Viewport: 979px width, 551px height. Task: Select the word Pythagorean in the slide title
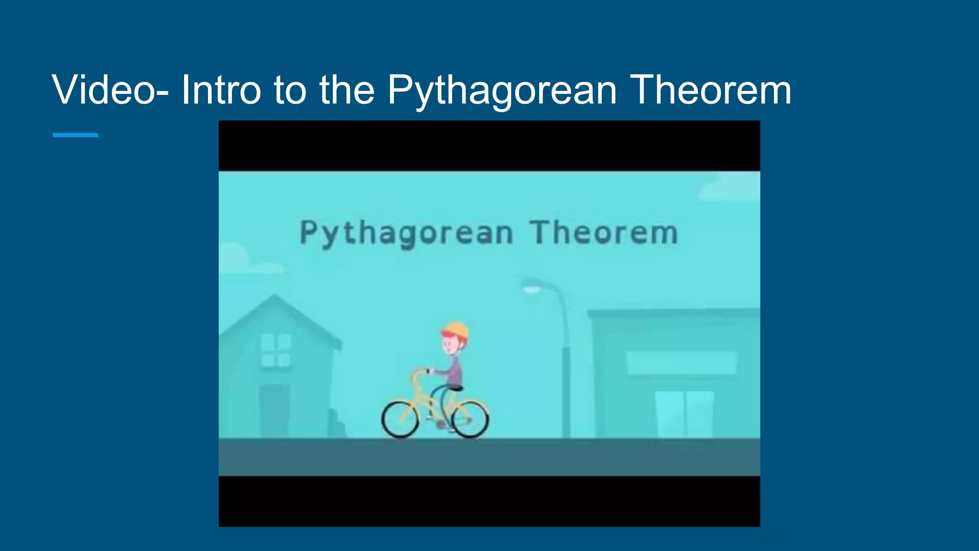point(501,91)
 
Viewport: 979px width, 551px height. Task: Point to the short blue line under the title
point(75,135)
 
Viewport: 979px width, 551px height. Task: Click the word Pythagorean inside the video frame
point(406,234)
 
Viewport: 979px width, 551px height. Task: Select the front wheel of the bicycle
point(401,419)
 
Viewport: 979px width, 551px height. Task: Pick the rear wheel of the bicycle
point(470,419)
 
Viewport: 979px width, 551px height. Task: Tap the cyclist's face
point(450,344)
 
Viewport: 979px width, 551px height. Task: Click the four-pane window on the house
point(276,350)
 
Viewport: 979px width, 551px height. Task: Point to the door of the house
point(274,411)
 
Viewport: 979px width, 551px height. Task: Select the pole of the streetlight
point(566,383)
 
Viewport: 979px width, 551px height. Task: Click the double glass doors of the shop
point(685,414)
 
